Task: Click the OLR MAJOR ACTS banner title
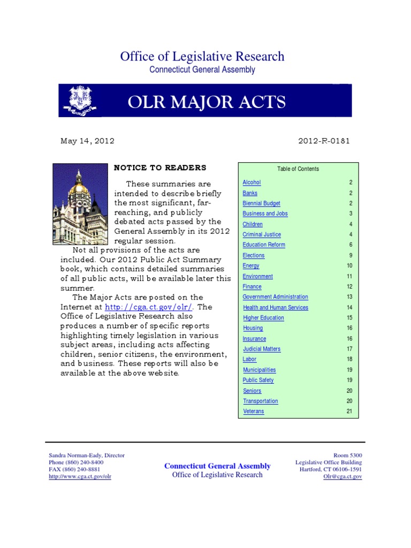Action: coord(207,101)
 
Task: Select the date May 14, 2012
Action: coord(87,141)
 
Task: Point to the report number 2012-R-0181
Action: coord(324,141)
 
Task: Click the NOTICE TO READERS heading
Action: coord(160,168)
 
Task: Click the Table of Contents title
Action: coord(298,169)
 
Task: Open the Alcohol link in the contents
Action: coord(252,182)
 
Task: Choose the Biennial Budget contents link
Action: coord(261,203)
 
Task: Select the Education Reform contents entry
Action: coord(264,245)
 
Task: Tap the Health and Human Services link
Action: coord(276,307)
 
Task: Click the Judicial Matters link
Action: coord(262,349)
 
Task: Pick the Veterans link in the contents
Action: coord(253,412)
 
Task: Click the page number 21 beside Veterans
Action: coord(349,412)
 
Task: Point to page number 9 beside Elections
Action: coord(351,255)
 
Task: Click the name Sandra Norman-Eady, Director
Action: coord(87,455)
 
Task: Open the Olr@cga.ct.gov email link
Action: coord(342,476)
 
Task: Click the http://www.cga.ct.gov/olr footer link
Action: coord(80,476)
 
